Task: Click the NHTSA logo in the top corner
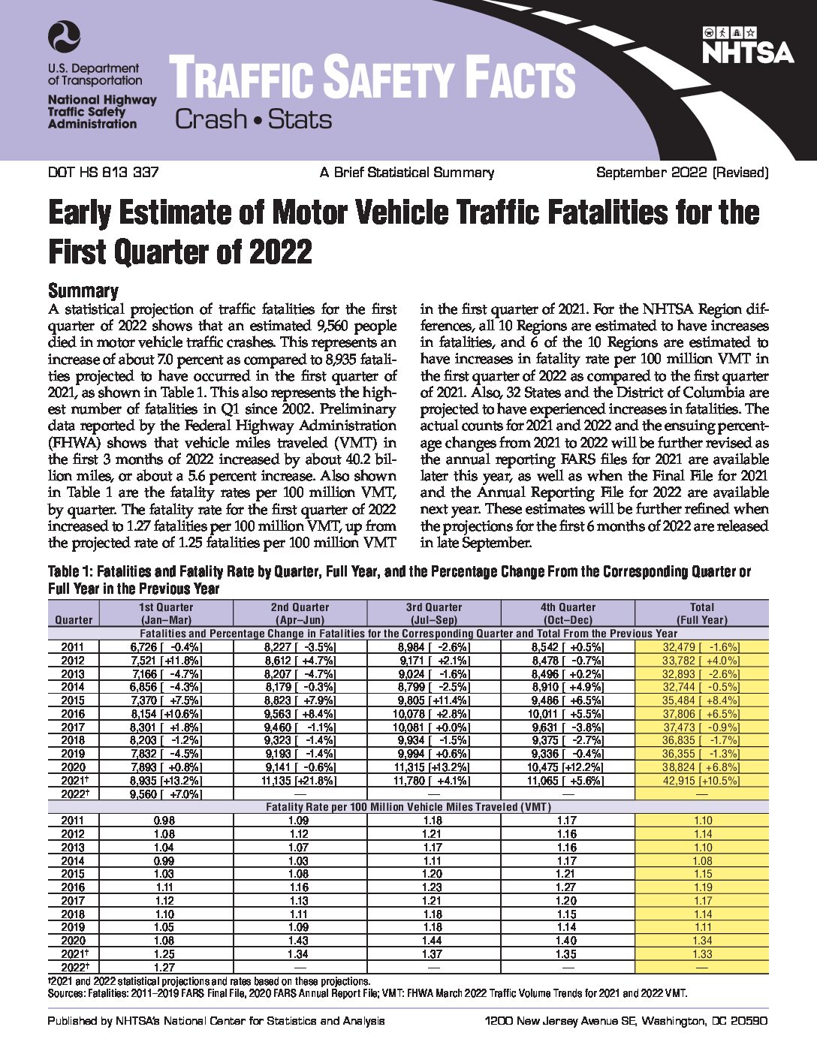tap(749, 45)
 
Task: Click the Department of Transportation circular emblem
tap(64, 37)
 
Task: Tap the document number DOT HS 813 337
tap(103, 172)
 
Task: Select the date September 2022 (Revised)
tap(683, 173)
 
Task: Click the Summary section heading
tap(83, 291)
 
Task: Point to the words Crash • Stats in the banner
tap(254, 119)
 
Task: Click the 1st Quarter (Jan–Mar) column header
tap(166, 613)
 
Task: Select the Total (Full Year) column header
tap(701, 613)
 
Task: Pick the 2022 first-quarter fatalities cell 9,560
tap(166, 794)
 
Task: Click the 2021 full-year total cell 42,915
tap(701, 781)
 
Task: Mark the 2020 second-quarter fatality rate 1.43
tap(300, 940)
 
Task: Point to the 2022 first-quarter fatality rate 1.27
tap(164, 967)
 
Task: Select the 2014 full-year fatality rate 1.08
tap(702, 860)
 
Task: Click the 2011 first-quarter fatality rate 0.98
tap(164, 820)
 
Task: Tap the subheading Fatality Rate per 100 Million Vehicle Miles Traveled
tap(408, 807)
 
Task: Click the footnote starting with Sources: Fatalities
tap(368, 993)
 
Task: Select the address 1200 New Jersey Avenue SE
tap(559, 1021)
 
